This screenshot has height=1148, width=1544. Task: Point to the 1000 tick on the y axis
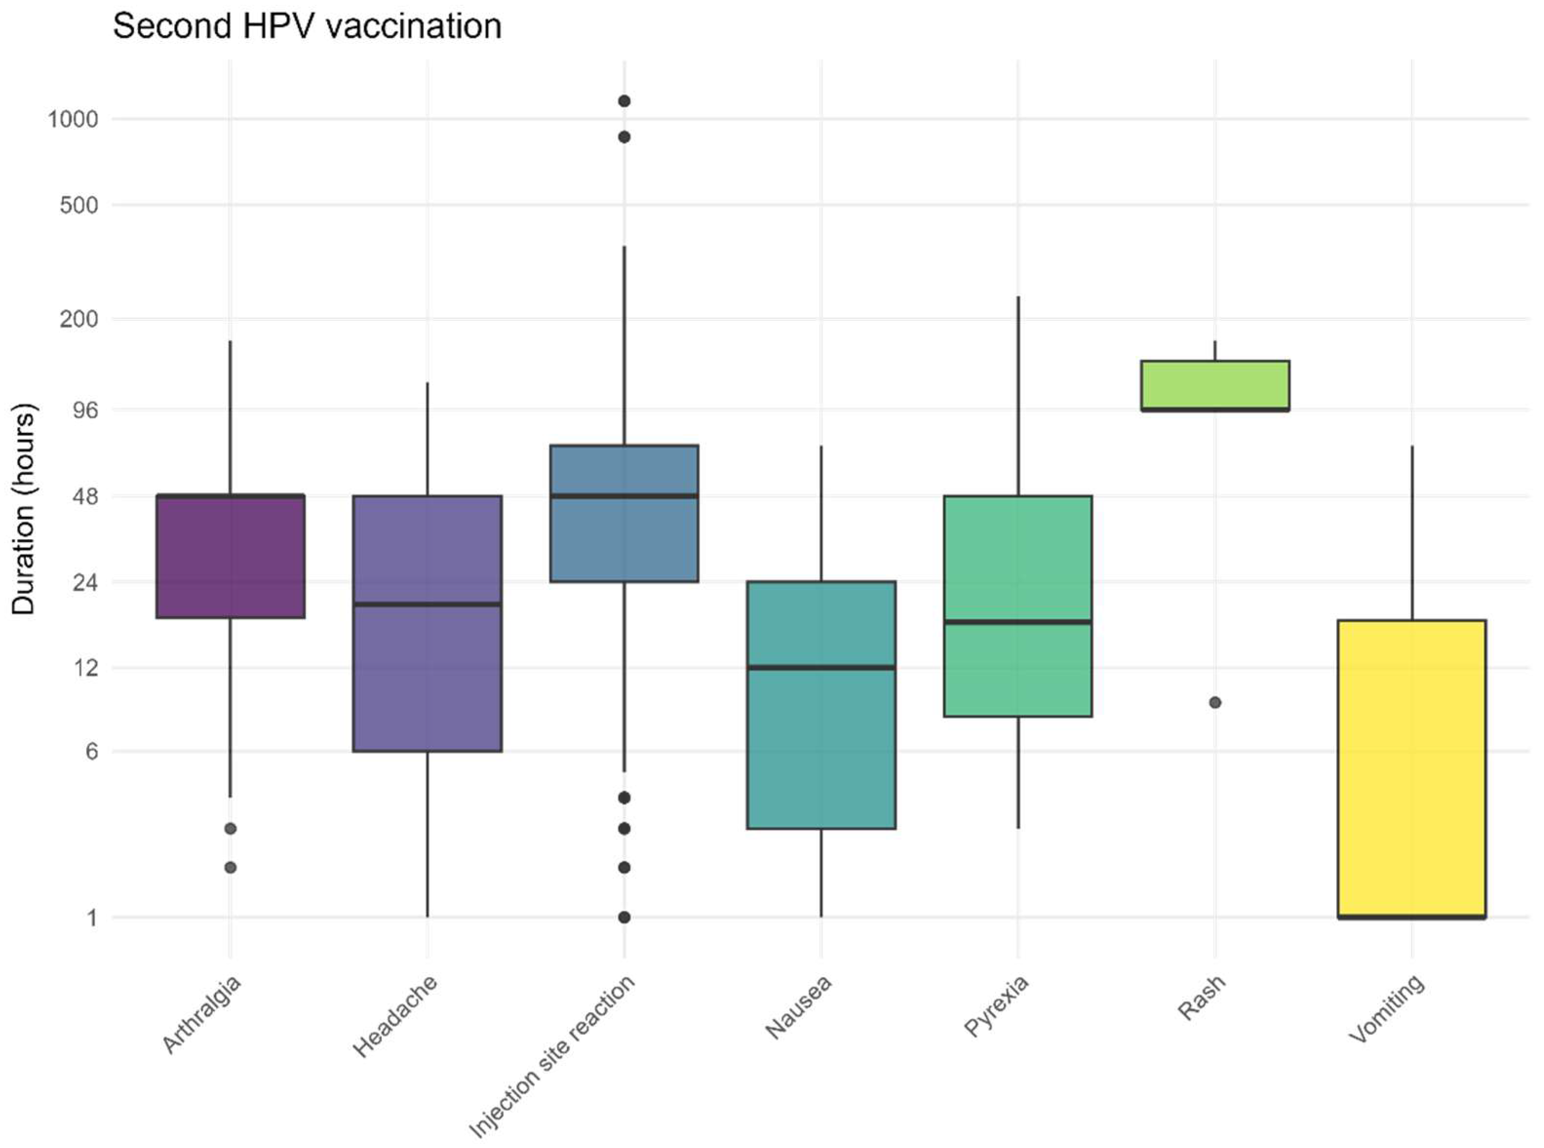pos(72,119)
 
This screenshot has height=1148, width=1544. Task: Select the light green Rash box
pos(1215,385)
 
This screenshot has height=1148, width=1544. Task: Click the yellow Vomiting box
pos(1411,768)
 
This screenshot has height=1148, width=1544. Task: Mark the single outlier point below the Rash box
pos(1215,702)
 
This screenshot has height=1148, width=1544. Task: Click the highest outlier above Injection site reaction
pos(624,101)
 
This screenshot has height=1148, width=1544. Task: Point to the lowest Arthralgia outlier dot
pos(231,867)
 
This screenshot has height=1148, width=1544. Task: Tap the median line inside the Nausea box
pos(821,667)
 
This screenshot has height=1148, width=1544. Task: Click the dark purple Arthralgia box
pos(231,556)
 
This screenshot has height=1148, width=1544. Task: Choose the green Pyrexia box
pos(1018,606)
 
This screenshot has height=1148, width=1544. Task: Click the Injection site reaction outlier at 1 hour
pos(624,917)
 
